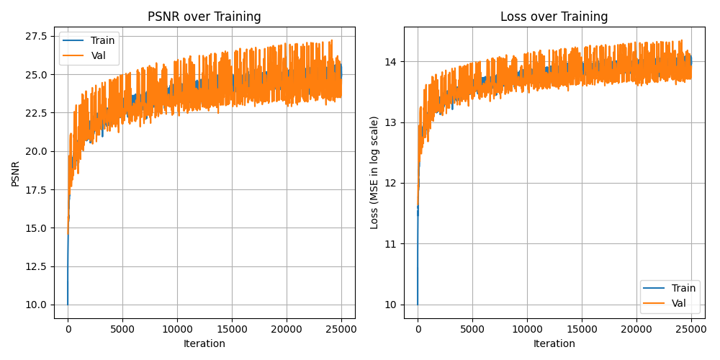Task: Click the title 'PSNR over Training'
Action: tap(204, 17)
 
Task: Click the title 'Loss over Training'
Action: tap(554, 17)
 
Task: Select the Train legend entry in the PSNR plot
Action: tap(102, 40)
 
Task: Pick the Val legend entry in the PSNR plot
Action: tap(99, 55)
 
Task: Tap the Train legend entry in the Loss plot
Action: tap(683, 288)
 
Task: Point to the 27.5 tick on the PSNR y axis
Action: tap(37, 36)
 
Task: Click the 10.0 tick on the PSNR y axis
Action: tap(37, 305)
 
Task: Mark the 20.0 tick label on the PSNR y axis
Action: tap(37, 151)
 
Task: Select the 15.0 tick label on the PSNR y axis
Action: tap(37, 228)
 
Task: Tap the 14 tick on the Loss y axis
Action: tap(392, 62)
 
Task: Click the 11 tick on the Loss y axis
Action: tap(392, 244)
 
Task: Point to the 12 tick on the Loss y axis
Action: tap(392, 183)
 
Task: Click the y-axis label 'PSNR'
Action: tap(16, 173)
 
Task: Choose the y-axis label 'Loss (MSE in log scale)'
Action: tap(374, 173)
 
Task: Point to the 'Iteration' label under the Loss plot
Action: tap(554, 343)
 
